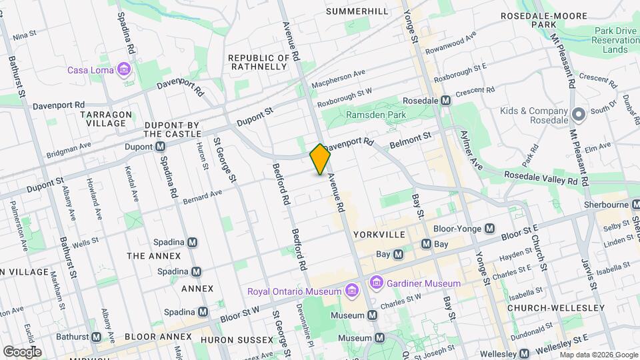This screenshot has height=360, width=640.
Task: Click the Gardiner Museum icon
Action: point(377,283)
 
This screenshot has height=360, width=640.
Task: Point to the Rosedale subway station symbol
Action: point(447,100)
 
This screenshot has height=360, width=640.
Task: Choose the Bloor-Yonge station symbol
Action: point(490,229)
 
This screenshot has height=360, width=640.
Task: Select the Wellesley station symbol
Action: point(525,353)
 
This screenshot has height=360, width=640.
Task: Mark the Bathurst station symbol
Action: point(97,337)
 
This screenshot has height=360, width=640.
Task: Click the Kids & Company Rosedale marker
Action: point(578,114)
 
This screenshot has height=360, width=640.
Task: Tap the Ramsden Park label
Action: point(375,115)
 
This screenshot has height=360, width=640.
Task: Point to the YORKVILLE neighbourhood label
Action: point(379,235)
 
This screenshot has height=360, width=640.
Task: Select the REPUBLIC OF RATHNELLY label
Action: point(259,63)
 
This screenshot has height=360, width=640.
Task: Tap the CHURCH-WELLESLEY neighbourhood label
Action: point(556,308)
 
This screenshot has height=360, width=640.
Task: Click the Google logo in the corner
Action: point(22,351)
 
